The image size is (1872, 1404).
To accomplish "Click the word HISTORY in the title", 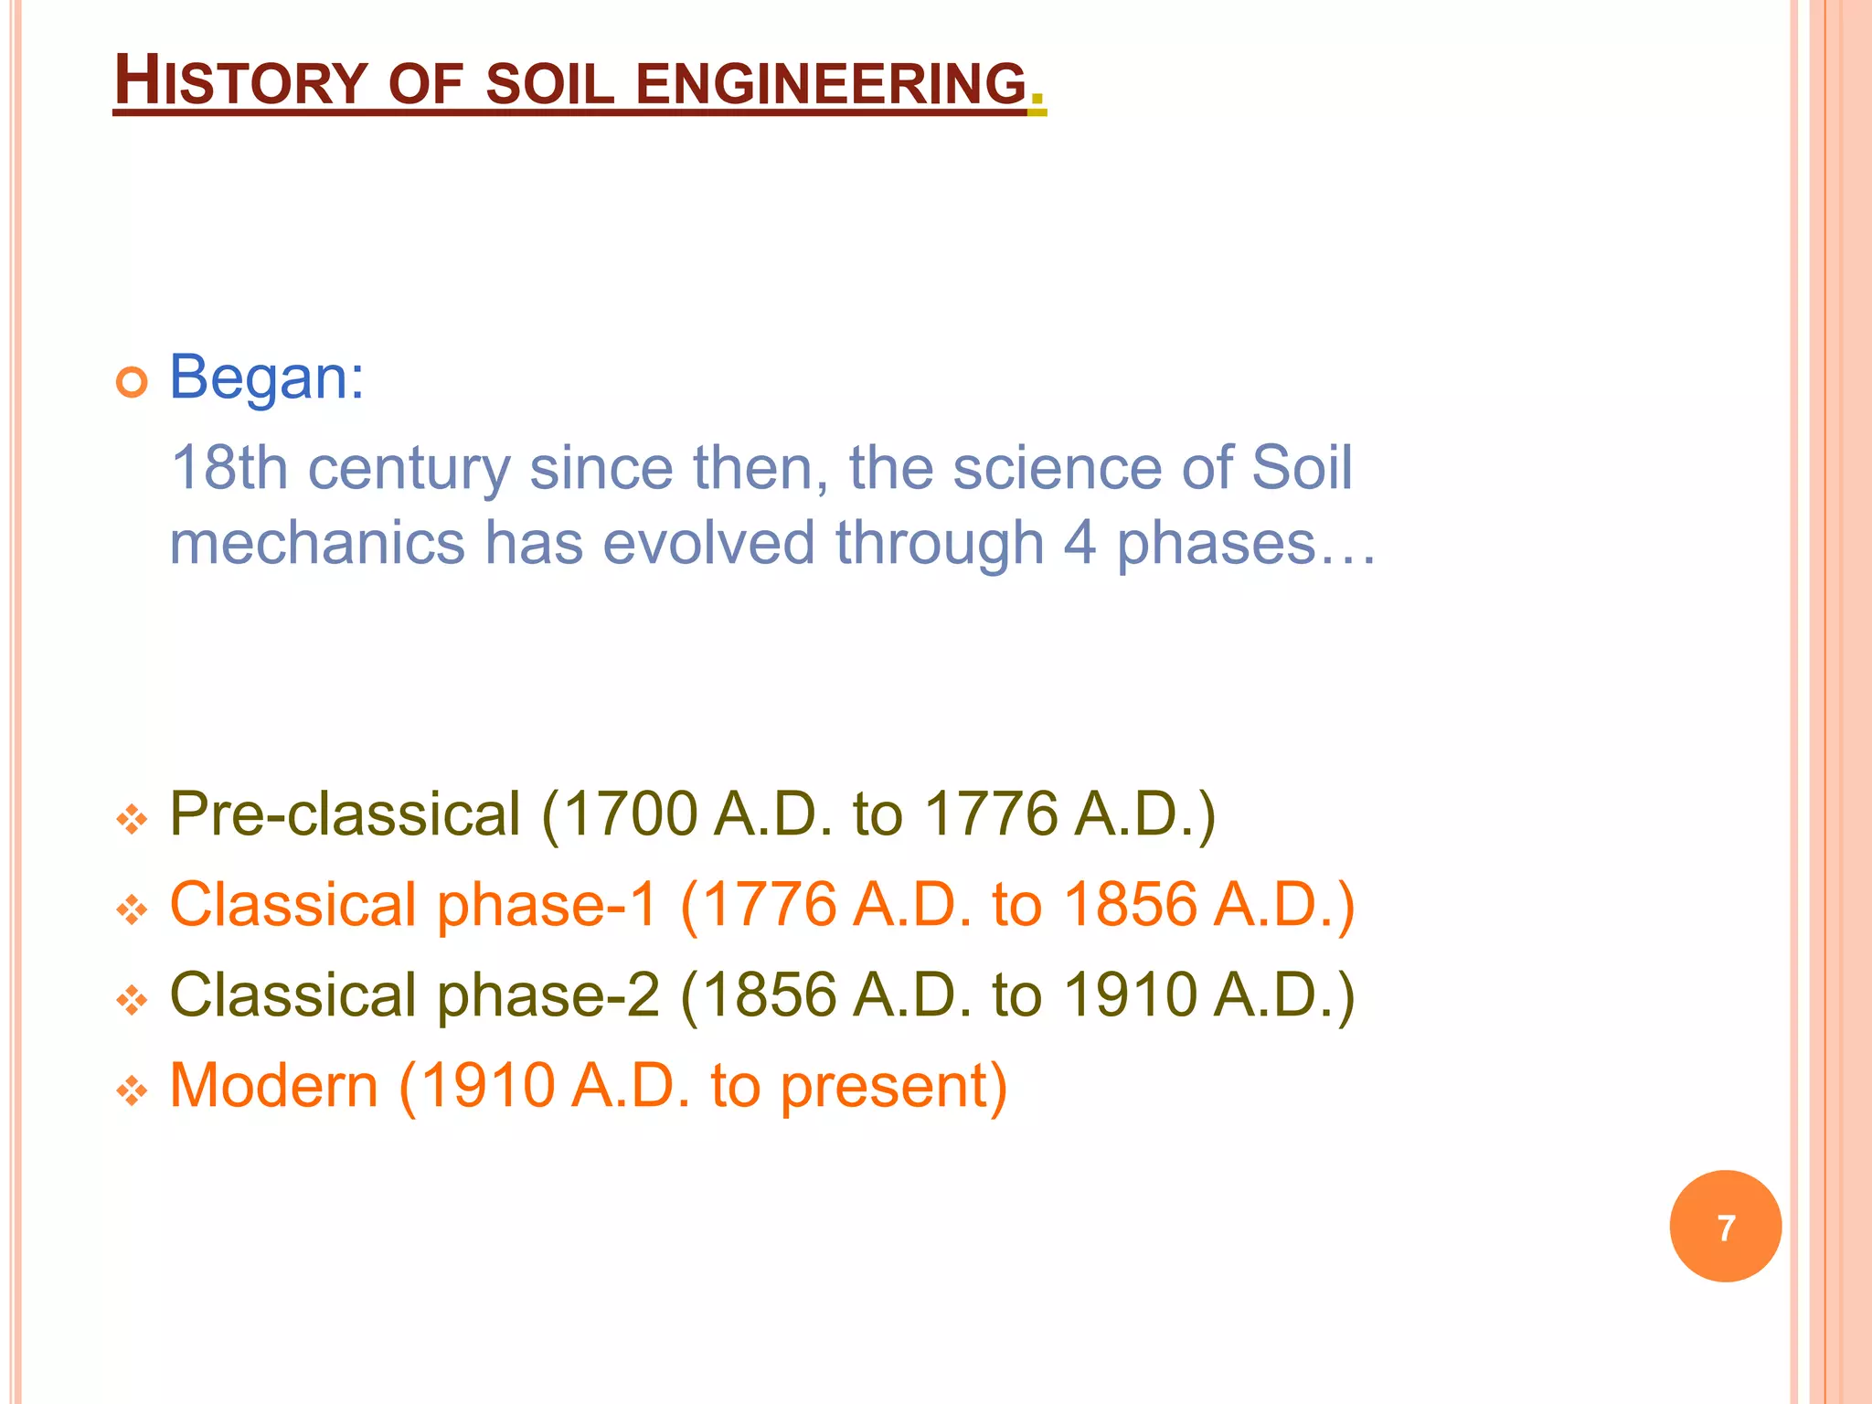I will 240,82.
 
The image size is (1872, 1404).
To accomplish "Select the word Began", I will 266,377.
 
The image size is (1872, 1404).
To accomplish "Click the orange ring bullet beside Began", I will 132,382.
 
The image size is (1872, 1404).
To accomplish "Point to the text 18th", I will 229,468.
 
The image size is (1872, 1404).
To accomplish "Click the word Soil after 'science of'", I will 1302,468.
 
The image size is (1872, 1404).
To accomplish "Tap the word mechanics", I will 317,543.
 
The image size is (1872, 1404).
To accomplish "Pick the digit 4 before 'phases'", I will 1080,543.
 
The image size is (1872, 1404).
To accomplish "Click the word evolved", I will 708,543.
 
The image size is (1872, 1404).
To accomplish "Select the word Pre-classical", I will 346,814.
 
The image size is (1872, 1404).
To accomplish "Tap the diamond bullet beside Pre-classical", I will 132,819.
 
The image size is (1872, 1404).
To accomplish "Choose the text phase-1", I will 548,904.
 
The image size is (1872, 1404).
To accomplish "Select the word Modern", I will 273,1085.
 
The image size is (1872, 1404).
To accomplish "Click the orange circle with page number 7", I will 1725,1226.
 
